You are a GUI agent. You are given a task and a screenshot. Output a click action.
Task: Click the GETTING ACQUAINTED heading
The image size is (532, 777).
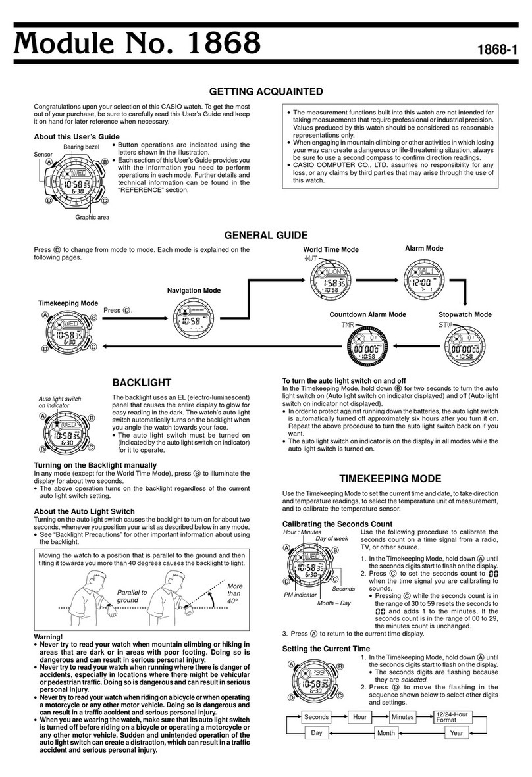pyautogui.click(x=265, y=92)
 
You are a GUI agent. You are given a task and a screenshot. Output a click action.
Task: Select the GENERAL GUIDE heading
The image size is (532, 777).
pyautogui.click(x=265, y=234)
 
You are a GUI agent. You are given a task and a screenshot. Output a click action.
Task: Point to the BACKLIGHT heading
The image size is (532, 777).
pyautogui.click(x=142, y=382)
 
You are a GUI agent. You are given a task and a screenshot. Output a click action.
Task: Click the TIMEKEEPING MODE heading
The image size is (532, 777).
pyautogui.click(x=394, y=478)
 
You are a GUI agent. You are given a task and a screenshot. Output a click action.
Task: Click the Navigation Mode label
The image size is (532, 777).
pyautogui.click(x=194, y=290)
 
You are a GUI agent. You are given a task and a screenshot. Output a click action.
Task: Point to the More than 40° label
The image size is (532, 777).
pyautogui.click(x=235, y=593)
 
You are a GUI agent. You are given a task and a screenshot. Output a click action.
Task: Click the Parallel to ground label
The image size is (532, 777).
pyautogui.click(x=132, y=596)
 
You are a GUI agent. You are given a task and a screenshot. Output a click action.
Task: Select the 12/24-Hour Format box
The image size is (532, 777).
pyautogui.click(x=452, y=716)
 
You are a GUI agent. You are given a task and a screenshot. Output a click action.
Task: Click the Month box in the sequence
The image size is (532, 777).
pyautogui.click(x=386, y=732)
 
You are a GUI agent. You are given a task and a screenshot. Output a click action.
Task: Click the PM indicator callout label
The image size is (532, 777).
pyautogui.click(x=301, y=595)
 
